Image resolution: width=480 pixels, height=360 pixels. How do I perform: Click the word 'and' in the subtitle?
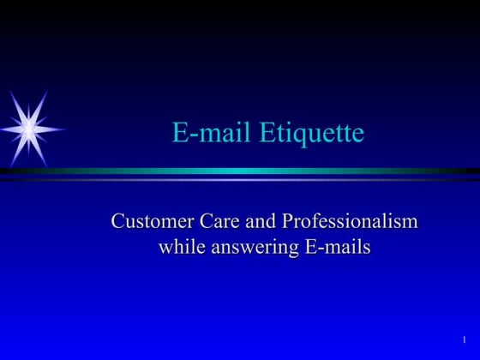(260, 221)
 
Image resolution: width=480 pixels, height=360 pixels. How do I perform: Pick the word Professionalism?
(350, 222)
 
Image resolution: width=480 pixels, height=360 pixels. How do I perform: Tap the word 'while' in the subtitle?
(180, 248)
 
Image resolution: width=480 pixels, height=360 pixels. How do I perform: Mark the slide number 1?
(464, 340)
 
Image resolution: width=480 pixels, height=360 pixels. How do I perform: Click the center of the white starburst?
(28, 129)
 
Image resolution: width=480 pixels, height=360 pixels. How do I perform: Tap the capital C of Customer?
(118, 221)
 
